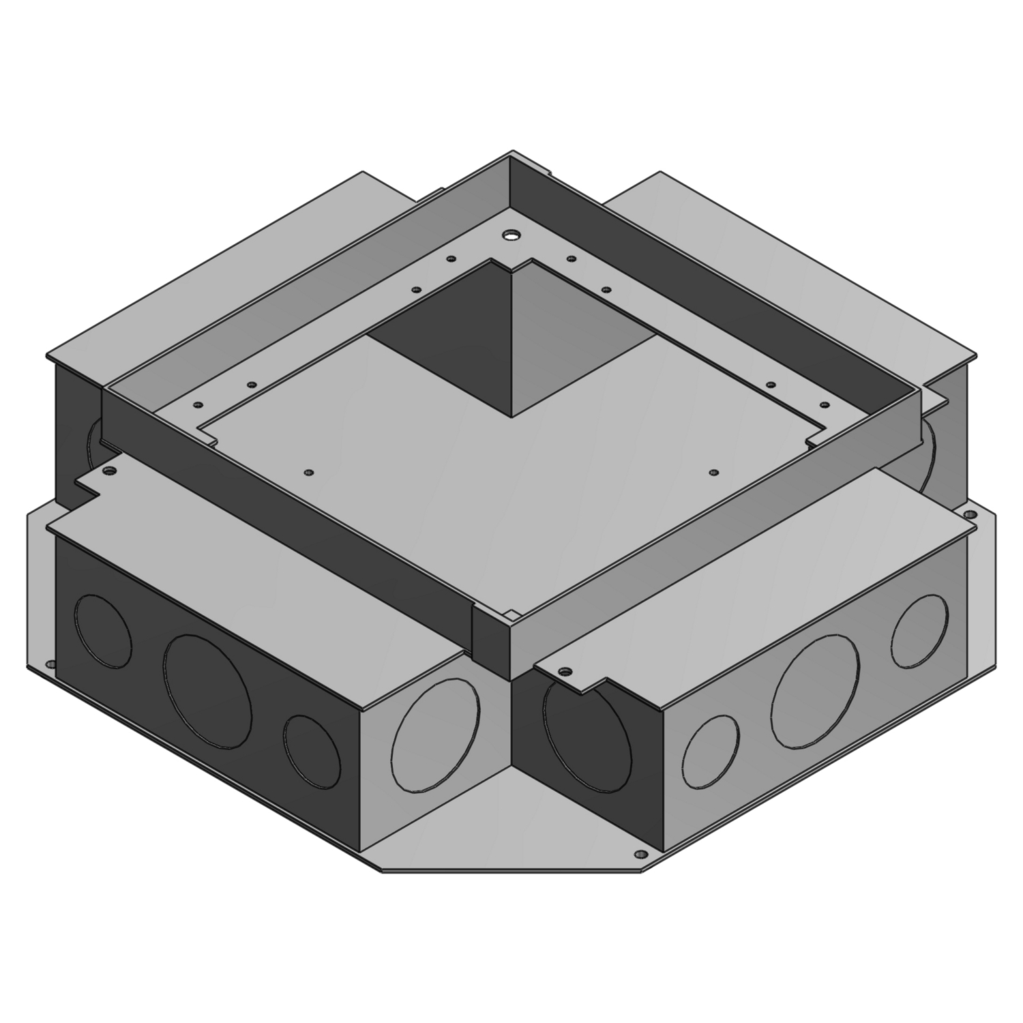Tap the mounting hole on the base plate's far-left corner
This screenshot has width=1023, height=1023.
(x=50, y=662)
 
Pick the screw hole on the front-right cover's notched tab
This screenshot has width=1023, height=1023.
(x=564, y=672)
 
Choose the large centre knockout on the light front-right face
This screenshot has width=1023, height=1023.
(x=814, y=690)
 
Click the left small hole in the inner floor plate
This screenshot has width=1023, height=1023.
(x=309, y=472)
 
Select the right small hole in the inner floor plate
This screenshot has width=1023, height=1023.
(x=713, y=472)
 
